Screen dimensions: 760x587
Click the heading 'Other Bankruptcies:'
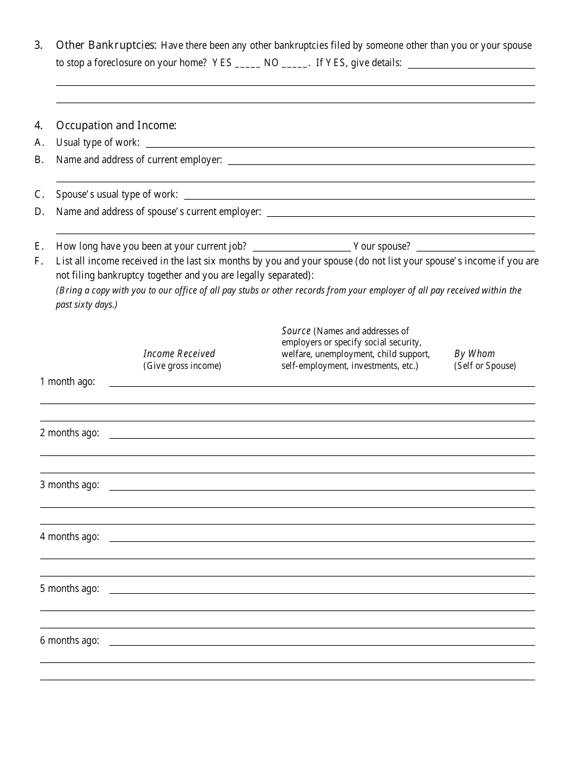click(x=107, y=45)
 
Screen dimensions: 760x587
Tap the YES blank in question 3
click(x=247, y=64)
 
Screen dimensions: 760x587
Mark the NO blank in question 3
click(x=295, y=64)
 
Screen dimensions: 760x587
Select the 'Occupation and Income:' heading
click(x=116, y=125)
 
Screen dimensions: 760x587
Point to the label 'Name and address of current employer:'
click(x=139, y=159)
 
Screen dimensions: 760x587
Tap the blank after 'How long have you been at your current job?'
click(x=302, y=247)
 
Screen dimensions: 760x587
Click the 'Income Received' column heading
click(x=179, y=353)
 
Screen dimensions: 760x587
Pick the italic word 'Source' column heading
click(x=296, y=331)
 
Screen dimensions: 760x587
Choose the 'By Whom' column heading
click(x=475, y=353)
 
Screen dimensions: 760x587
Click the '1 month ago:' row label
click(x=67, y=381)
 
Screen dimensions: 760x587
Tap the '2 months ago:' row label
click(x=69, y=433)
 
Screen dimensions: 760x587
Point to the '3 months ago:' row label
click(x=69, y=484)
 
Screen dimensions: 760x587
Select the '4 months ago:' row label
click(x=69, y=536)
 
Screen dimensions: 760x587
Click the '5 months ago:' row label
click(x=69, y=588)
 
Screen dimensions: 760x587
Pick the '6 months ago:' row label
click(x=69, y=640)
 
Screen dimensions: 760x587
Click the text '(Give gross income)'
click(x=182, y=366)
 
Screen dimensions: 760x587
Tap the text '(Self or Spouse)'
click(x=485, y=366)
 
